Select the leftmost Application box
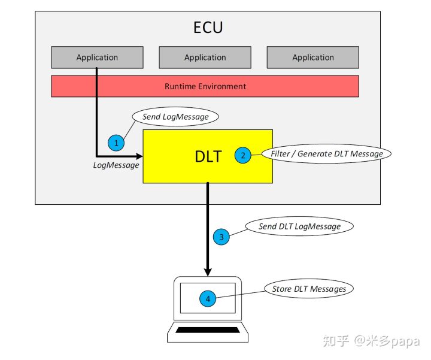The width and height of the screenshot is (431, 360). point(97,58)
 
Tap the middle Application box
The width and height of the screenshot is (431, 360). point(205,58)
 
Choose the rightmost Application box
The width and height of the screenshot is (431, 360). point(312,58)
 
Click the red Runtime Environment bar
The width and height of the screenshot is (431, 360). point(205,86)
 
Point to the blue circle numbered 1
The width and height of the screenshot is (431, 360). point(116,143)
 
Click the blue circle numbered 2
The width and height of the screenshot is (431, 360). point(243,155)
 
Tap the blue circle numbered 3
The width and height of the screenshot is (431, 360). point(221,237)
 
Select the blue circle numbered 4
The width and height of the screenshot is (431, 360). point(208,298)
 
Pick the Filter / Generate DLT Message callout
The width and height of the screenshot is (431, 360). point(326,154)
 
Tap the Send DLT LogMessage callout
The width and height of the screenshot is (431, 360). point(299,226)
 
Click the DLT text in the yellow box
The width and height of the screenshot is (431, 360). point(208,156)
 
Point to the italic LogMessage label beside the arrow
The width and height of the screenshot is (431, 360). point(116,165)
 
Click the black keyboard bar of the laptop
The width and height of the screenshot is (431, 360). point(207,330)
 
